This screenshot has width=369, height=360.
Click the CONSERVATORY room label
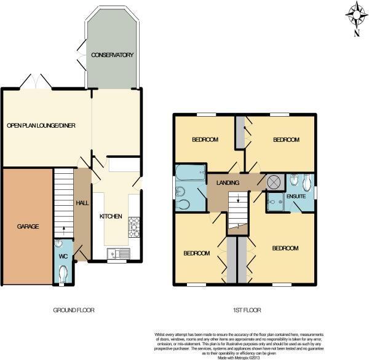(x=113, y=55)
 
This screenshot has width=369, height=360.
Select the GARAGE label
(x=27, y=227)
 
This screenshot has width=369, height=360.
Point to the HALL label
(x=82, y=203)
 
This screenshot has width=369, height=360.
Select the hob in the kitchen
(x=135, y=230)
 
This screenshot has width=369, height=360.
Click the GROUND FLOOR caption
(x=74, y=310)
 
